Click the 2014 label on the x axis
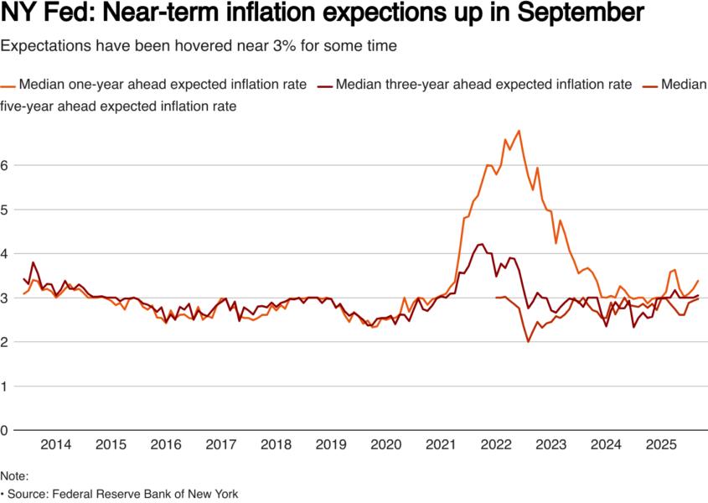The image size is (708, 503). click(55, 444)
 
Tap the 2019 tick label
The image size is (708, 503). click(331, 444)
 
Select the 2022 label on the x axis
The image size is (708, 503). click(496, 444)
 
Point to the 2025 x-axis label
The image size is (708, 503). click(661, 444)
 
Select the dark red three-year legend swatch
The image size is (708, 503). click(323, 85)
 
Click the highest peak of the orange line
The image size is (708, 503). click(519, 131)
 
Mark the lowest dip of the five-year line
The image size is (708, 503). click(528, 342)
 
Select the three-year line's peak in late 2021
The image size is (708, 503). click(480, 244)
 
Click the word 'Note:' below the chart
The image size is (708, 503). click(14, 476)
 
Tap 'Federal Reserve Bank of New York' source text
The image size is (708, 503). click(145, 494)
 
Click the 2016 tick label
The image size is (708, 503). click(166, 444)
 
